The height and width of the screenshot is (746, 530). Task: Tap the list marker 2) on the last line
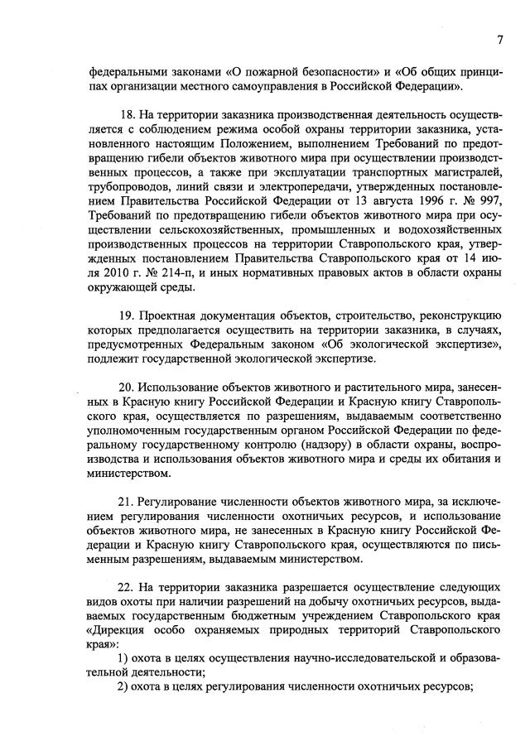(121, 687)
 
